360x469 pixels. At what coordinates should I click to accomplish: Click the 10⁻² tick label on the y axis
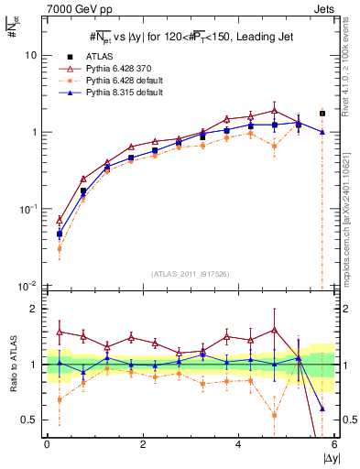click(27, 287)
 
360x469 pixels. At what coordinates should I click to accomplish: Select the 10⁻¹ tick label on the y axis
click(27, 210)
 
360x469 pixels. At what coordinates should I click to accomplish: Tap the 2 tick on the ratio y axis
click(32, 309)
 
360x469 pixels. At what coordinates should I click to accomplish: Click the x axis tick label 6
click(334, 443)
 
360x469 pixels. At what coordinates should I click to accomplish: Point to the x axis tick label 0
click(47, 443)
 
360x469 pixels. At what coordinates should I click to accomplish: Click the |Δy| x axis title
click(327, 457)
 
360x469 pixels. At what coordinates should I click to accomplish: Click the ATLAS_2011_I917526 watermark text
click(191, 275)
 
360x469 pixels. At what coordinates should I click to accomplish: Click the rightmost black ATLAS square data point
click(322, 114)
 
